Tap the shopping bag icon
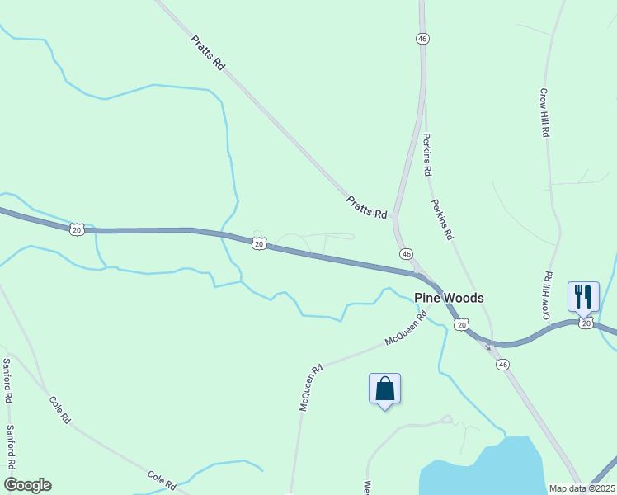[384, 389]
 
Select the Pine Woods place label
[449, 298]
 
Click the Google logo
[27, 484]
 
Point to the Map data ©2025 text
[581, 488]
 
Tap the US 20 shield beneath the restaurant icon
[586, 324]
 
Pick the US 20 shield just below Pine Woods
[461, 325]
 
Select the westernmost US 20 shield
[76, 229]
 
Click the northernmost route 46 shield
[422, 39]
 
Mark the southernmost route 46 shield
[503, 364]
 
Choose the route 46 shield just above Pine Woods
[406, 254]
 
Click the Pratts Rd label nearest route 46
[366, 207]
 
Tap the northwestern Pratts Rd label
[207, 52]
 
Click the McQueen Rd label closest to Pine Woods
[406, 328]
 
